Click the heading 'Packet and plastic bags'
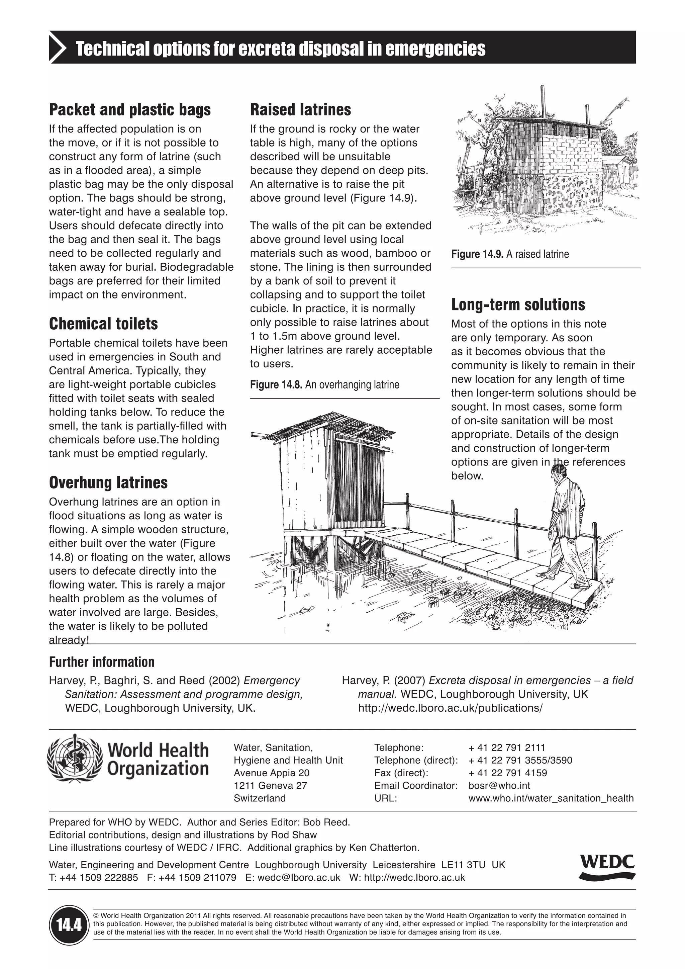tap(129, 110)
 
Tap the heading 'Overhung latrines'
tap(108, 482)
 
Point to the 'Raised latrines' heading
tap(300, 110)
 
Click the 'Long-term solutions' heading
tap(518, 305)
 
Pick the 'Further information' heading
tap(102, 662)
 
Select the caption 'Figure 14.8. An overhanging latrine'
tap(324, 384)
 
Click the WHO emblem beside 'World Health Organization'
tap(74, 759)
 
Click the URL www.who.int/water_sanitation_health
tap(551, 798)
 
